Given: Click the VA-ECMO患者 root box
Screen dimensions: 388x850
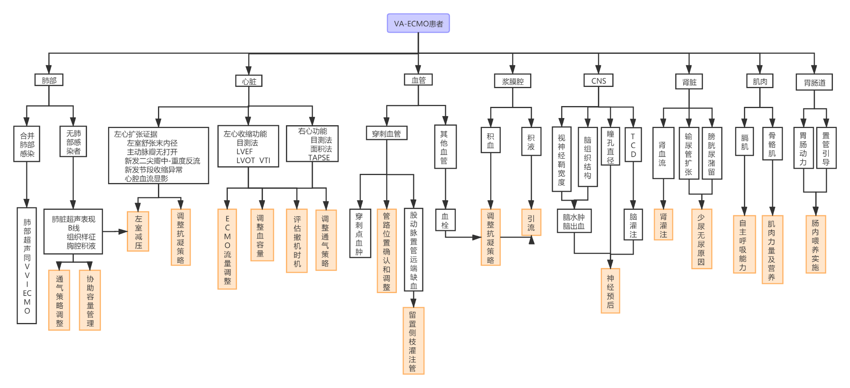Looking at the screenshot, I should click(x=418, y=24).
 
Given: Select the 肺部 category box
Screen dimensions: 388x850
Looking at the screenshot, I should click(x=49, y=80).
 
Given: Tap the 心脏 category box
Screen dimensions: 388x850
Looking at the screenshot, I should click(x=249, y=81).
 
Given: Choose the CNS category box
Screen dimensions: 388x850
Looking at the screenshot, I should click(x=599, y=81).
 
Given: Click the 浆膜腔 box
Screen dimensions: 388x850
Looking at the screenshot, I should click(x=513, y=81).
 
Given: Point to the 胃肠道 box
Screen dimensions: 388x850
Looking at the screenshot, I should click(x=815, y=83).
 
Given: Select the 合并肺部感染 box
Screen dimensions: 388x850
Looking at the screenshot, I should click(x=27, y=144).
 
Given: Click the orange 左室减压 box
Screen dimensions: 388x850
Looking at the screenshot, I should click(x=138, y=232).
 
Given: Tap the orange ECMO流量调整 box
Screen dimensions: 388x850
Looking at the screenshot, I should click(x=227, y=249).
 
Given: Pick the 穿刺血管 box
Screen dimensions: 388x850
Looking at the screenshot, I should click(x=386, y=134).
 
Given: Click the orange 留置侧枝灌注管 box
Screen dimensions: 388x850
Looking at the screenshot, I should click(x=413, y=341).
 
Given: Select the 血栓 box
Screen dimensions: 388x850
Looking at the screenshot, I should click(x=445, y=221).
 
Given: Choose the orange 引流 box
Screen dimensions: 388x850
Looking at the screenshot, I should click(x=531, y=223).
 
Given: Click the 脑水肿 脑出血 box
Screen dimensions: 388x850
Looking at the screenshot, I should click(x=574, y=221).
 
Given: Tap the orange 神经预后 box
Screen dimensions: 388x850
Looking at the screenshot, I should click(x=610, y=291).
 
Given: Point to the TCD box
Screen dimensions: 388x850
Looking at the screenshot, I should click(x=633, y=145).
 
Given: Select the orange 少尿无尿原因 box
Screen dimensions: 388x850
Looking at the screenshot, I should click(x=701, y=239).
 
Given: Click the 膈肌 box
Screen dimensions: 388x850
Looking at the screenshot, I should click(x=744, y=142).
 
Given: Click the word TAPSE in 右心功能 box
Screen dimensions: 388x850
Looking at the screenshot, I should click(x=319, y=158).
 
